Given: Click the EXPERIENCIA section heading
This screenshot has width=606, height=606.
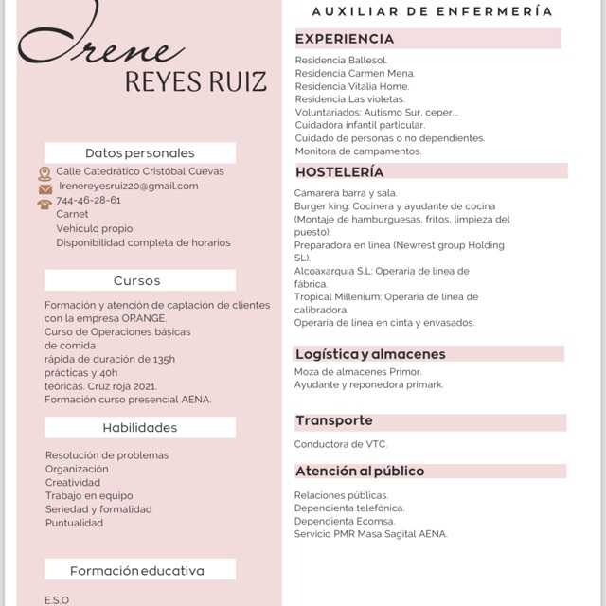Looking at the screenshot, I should pyautogui.click(x=345, y=39).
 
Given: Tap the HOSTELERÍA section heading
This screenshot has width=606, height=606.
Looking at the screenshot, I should pyautogui.click(x=340, y=172).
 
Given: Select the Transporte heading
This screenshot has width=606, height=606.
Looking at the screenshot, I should pyautogui.click(x=334, y=420).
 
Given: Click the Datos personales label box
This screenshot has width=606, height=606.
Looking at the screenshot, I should pyautogui.click(x=140, y=153).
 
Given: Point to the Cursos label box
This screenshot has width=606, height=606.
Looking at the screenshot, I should pyautogui.click(x=137, y=280).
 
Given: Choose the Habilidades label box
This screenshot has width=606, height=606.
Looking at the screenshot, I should pyautogui.click(x=140, y=428).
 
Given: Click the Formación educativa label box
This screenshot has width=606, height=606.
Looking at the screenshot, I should pyautogui.click(x=137, y=571).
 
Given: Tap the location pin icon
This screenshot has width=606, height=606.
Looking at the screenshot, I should pyautogui.click(x=45, y=173).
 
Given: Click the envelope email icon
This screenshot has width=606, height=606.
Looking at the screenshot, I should pyautogui.click(x=45, y=188).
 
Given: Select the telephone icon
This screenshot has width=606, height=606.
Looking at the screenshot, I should pyautogui.click(x=45, y=203).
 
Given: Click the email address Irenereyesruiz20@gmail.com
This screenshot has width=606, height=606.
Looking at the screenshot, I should pyautogui.click(x=129, y=187).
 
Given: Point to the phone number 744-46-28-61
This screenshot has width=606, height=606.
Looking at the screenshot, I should pyautogui.click(x=89, y=201).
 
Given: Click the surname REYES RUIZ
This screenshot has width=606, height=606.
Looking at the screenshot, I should pyautogui.click(x=196, y=81).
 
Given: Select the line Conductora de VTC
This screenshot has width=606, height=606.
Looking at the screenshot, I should pyautogui.click(x=341, y=444).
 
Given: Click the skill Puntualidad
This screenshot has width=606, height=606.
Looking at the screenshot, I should pyautogui.click(x=75, y=523).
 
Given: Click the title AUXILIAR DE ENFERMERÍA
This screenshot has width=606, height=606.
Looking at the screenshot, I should pyautogui.click(x=432, y=11).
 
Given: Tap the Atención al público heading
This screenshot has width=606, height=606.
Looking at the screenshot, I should pyautogui.click(x=360, y=472).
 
